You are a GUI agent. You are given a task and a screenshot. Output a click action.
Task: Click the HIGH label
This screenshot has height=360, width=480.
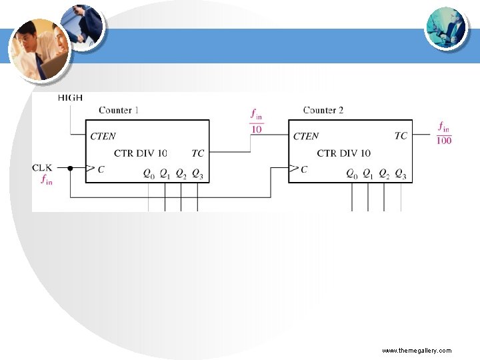pyautogui.click(x=70, y=97)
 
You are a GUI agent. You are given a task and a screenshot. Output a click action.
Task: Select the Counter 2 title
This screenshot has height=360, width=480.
pyautogui.click(x=323, y=110)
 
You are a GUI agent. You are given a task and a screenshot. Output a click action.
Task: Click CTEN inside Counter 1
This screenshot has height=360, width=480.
pyautogui.click(x=103, y=137)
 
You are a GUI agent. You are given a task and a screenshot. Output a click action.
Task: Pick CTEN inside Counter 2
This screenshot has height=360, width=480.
pyautogui.click(x=306, y=137)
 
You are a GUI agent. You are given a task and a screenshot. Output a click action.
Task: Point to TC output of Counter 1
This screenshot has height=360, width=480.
pyautogui.click(x=198, y=153)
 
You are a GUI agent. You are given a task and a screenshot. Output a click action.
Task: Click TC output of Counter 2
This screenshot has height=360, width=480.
pyautogui.click(x=401, y=136)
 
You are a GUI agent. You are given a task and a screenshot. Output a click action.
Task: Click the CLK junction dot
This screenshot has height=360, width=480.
pyautogui.click(x=70, y=169)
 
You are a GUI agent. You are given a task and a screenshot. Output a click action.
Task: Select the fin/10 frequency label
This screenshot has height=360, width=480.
pyautogui.click(x=256, y=121)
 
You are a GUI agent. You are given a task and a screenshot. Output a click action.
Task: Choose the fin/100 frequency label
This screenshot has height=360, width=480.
pyautogui.click(x=443, y=132)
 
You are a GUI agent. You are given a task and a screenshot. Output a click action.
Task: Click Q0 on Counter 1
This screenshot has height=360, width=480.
pyautogui.click(x=149, y=174)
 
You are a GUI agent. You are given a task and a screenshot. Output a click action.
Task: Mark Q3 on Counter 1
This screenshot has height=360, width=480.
pyautogui.click(x=197, y=174)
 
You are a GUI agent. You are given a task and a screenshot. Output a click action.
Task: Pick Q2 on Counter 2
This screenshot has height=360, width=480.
pyautogui.click(x=384, y=174)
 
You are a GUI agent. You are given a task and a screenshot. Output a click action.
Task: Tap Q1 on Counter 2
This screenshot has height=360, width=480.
pyautogui.click(x=368, y=174)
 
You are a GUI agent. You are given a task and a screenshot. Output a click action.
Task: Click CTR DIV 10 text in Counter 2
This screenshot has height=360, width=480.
pyautogui.click(x=344, y=153)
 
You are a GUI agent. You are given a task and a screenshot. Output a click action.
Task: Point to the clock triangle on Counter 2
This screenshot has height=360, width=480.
pyautogui.click(x=293, y=169)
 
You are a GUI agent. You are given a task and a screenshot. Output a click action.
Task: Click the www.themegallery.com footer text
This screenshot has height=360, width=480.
pyautogui.click(x=417, y=350)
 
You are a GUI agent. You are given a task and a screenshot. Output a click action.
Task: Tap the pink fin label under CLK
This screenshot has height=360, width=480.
pyautogui.click(x=47, y=179)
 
